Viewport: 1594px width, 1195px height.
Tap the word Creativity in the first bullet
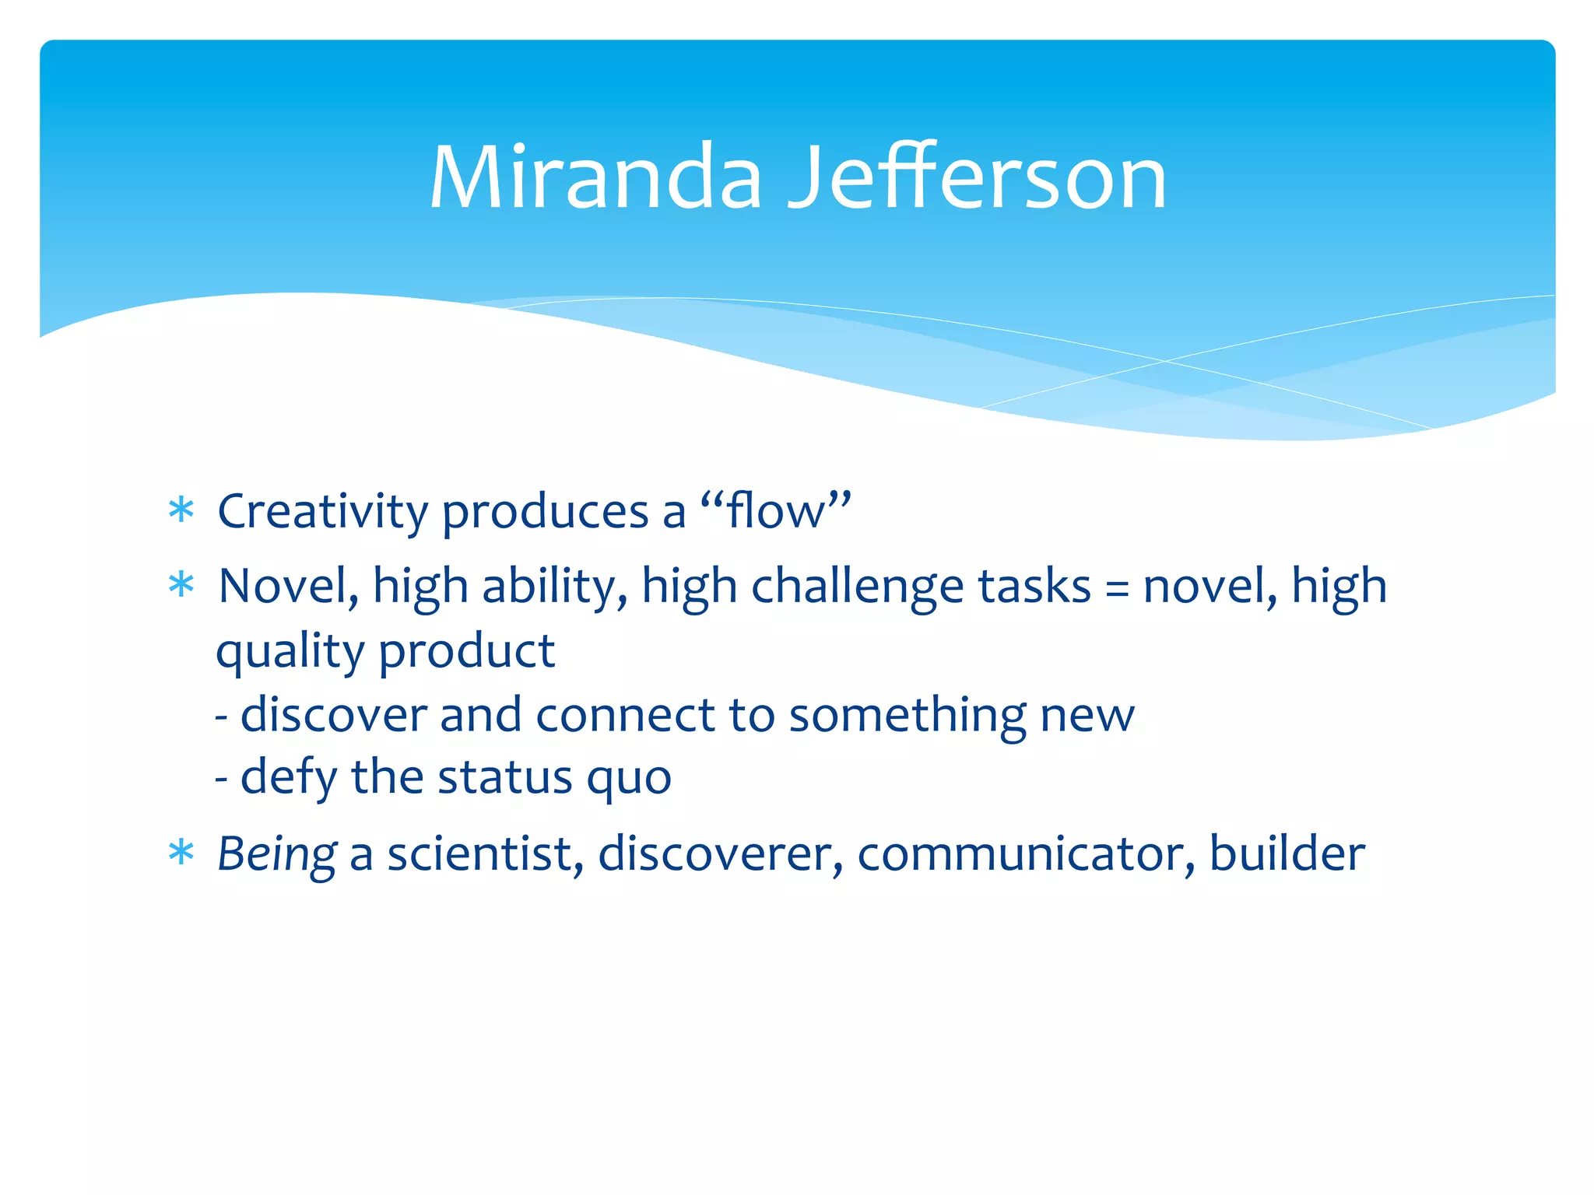pos(322,512)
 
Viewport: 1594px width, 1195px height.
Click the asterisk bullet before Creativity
pos(181,511)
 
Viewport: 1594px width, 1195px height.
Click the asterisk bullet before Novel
pos(181,585)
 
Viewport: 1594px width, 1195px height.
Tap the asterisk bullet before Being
pos(181,853)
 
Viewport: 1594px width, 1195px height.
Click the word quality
pos(290,652)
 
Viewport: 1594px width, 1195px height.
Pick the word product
pos(467,652)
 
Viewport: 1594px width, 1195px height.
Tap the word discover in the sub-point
pos(334,714)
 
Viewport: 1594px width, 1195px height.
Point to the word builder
pos(1287,853)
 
